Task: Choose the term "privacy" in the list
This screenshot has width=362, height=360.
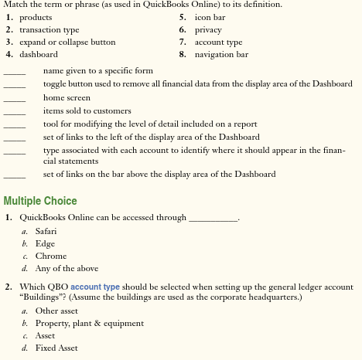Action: coord(207,29)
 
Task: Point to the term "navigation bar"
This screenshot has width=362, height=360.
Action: coord(221,54)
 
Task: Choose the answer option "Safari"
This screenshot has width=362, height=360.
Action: coord(47,231)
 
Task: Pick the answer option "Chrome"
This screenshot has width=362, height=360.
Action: coord(51,256)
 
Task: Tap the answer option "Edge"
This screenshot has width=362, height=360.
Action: coord(46,243)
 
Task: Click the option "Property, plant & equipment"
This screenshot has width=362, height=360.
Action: coord(90,323)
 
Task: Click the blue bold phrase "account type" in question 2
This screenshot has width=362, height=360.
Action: coord(95,286)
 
